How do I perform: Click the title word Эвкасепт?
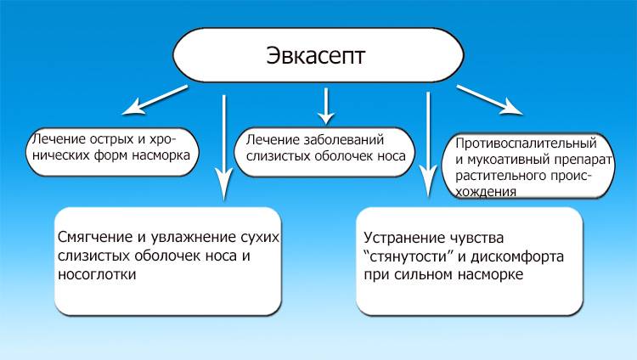(x=318, y=58)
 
